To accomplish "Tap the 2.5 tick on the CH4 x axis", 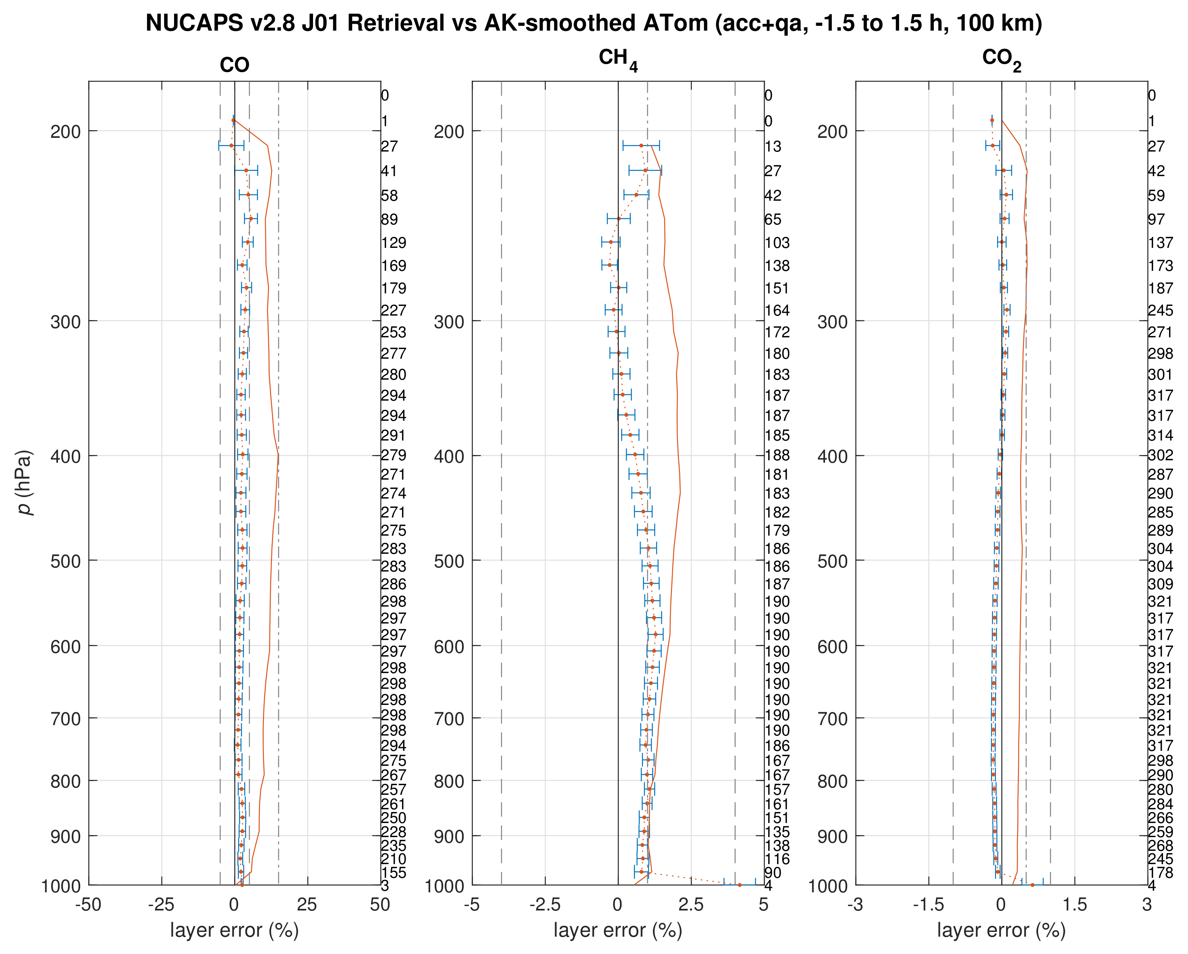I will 690,904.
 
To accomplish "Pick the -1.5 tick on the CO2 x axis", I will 929,904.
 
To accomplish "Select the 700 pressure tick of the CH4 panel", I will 449,719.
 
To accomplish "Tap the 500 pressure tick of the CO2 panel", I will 833,561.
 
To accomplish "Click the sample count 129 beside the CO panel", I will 394,243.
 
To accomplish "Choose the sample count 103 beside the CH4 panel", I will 777,243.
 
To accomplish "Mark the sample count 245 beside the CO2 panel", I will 1161,310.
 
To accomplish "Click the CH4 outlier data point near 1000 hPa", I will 740,885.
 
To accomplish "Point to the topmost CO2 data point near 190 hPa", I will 992,120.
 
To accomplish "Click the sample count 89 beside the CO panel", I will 389,219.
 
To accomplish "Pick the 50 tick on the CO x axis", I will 380,904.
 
